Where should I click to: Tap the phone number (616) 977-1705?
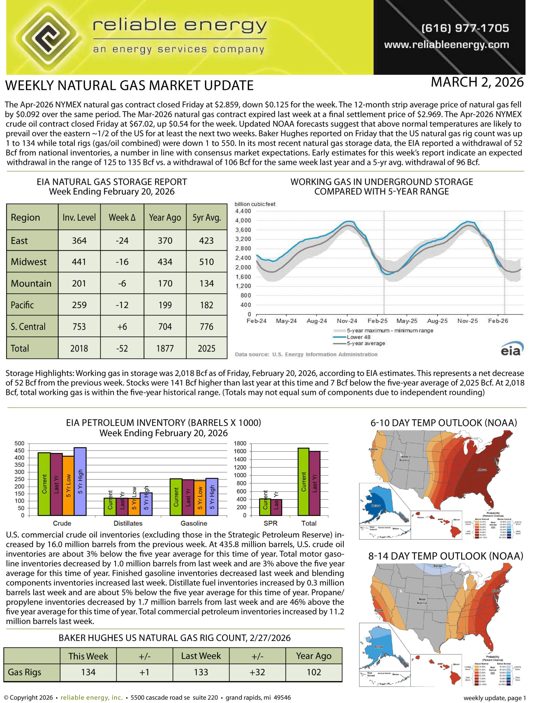[465, 28]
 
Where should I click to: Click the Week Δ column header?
[122, 217]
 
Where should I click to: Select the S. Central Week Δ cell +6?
[122, 327]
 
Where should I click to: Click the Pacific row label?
[22, 305]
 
